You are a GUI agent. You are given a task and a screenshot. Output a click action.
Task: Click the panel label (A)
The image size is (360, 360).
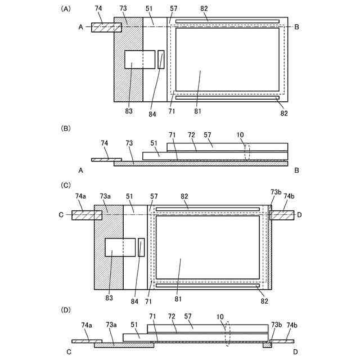(x=66, y=9)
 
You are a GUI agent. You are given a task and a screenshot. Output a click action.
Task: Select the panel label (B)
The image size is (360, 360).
(x=66, y=128)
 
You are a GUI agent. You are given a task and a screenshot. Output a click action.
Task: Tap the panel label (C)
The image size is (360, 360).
(x=66, y=184)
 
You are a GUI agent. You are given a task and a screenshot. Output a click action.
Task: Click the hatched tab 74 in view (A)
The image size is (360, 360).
(x=103, y=27)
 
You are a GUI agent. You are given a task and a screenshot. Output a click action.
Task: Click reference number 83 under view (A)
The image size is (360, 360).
(x=129, y=111)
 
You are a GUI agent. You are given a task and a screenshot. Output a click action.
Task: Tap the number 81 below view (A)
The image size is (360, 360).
(x=198, y=111)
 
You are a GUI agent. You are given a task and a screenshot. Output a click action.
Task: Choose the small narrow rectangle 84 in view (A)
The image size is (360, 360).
(x=161, y=60)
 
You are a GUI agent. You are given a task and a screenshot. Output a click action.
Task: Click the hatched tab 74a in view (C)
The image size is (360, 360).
(x=83, y=215)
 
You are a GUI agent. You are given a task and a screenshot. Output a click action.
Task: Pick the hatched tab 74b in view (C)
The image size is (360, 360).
(x=282, y=215)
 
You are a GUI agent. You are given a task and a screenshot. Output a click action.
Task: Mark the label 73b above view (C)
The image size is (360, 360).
(x=276, y=192)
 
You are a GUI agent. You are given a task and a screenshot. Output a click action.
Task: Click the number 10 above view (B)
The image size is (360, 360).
(x=240, y=136)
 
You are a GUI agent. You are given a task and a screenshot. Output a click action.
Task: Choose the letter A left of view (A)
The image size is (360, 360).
(x=80, y=27)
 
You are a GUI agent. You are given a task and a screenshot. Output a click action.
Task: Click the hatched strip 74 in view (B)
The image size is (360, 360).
(x=106, y=159)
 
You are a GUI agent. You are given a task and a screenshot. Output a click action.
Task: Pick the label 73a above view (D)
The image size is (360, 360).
(x=106, y=325)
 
